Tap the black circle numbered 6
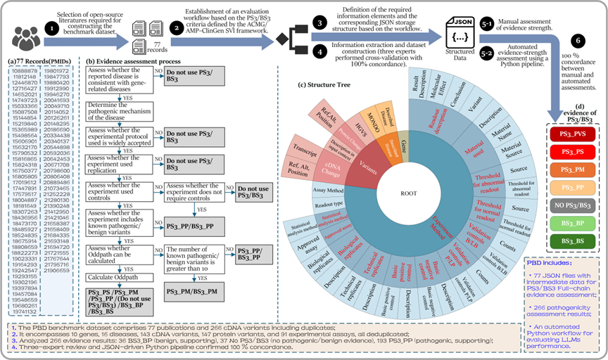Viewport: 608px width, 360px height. click(x=579, y=42)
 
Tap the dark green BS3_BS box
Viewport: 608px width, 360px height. click(x=574, y=243)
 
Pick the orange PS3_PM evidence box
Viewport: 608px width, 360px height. click(x=574, y=170)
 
